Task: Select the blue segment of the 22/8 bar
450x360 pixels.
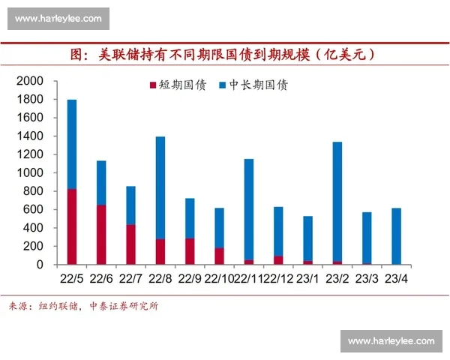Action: coord(160,187)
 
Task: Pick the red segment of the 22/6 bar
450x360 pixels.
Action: coord(101,234)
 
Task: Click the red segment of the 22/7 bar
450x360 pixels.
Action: coord(130,244)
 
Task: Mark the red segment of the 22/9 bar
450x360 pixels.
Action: coord(190,251)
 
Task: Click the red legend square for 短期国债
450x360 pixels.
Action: coord(153,85)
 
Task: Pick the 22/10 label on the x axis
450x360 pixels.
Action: coord(218,279)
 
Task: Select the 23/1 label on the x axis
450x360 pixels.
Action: coord(307,279)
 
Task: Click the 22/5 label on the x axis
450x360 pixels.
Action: coord(72,279)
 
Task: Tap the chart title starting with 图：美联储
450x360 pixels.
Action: coord(223,55)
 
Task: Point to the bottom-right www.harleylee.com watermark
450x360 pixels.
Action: coord(391,341)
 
